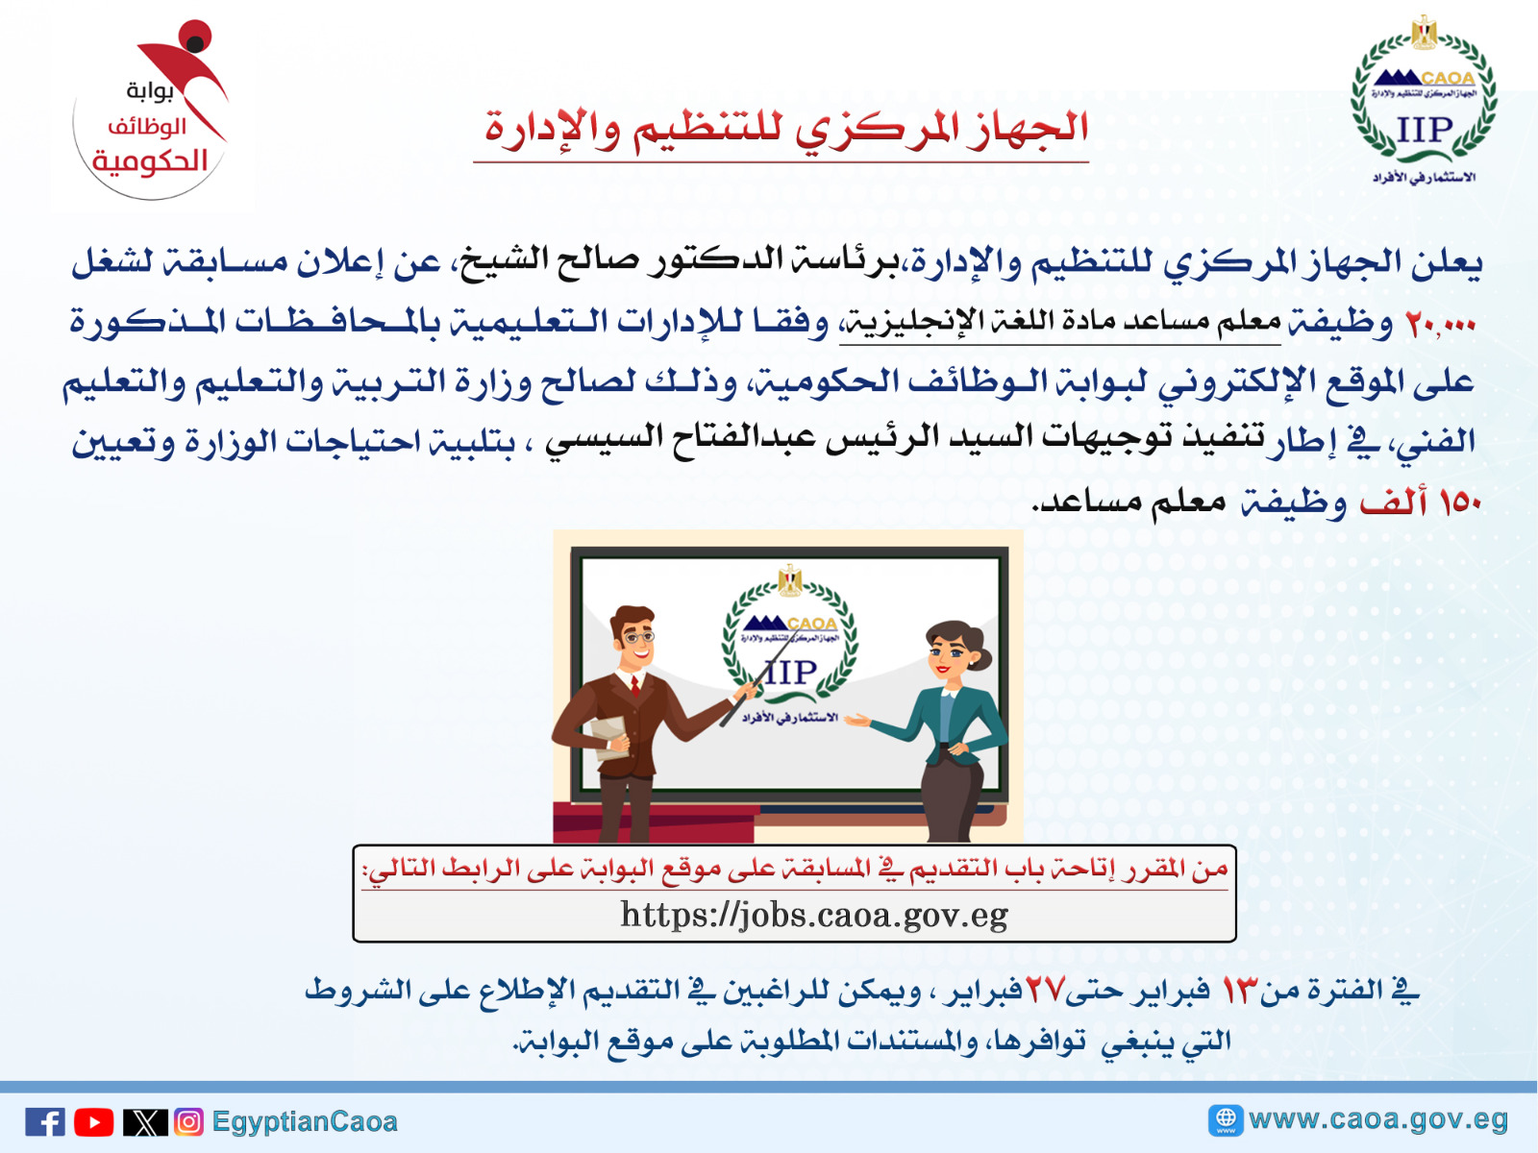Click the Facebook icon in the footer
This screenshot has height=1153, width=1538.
click(x=45, y=1122)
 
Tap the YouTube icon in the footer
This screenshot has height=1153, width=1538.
click(x=94, y=1122)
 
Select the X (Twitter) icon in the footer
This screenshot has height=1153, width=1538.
click(x=145, y=1122)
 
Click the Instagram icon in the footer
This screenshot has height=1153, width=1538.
click(x=189, y=1122)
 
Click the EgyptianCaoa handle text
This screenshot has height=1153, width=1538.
click(x=305, y=1122)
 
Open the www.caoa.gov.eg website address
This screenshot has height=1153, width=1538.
click(x=1377, y=1119)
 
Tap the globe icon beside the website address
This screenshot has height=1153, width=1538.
click(x=1225, y=1119)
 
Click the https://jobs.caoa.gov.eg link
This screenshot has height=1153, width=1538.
click(x=813, y=915)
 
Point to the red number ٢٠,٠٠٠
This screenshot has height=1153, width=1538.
click(x=1440, y=324)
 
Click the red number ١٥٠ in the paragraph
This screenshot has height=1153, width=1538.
click(x=1459, y=503)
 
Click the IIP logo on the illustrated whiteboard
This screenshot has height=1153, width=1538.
click(x=790, y=644)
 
